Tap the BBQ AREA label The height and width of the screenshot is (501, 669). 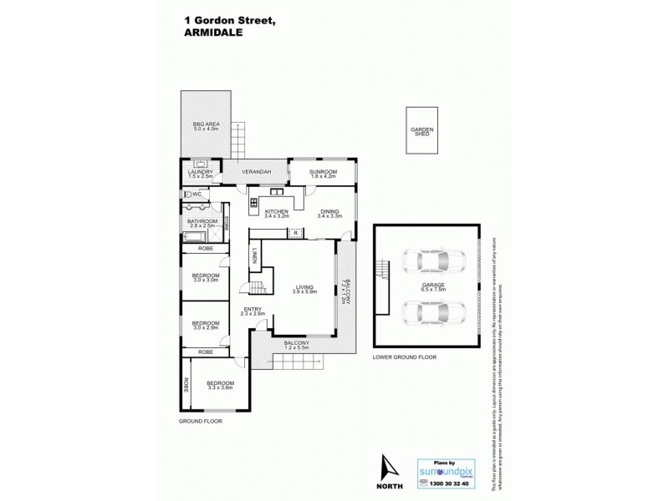pos(206,126)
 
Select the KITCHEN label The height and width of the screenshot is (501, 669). pos(277,214)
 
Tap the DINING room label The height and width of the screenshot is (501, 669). pos(329,214)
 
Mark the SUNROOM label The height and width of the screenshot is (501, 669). pos(323,174)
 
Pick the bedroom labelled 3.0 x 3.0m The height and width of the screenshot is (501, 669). pos(206,278)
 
